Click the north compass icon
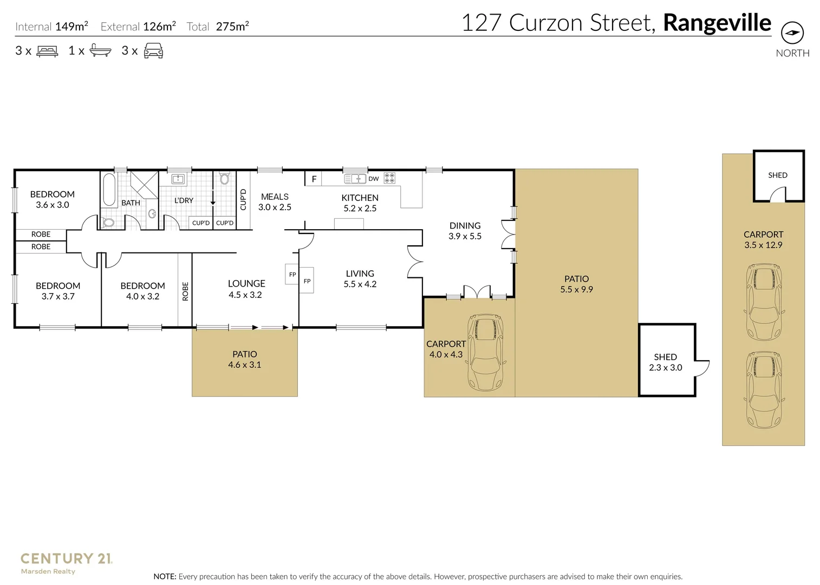792,33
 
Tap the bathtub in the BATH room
109,189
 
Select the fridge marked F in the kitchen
314,179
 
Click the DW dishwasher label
374,179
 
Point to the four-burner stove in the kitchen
389,178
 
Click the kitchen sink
355,178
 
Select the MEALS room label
275,201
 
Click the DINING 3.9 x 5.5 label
465,231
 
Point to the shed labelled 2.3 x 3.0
666,362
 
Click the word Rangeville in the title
717,23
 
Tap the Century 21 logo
66,562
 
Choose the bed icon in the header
48,51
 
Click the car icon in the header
153,51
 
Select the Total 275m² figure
218,27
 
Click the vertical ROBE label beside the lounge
185,291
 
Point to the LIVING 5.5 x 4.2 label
360,278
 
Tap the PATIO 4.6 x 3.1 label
245,359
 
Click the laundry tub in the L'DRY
178,179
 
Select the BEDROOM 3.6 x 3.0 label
53,199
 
